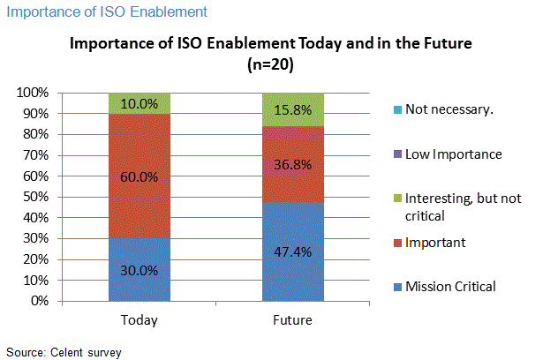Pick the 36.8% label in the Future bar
tap(292, 164)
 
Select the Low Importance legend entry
tap(452, 154)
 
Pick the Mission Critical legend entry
tap(450, 286)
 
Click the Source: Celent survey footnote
tap(62, 352)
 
